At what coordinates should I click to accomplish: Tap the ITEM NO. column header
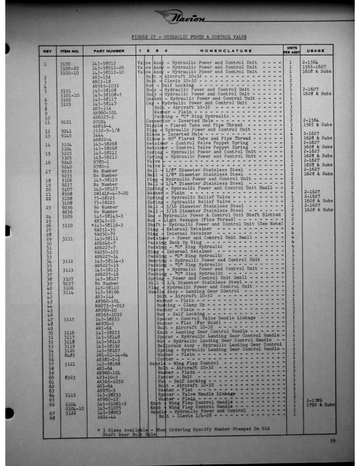(x=70, y=52)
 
